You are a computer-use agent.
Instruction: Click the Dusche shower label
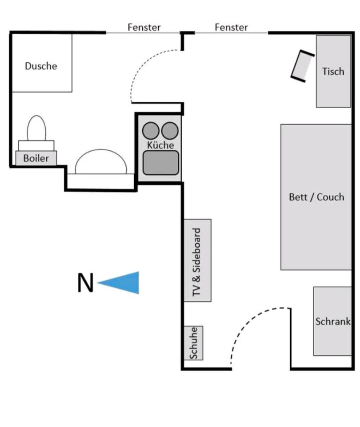pyautogui.click(x=41, y=66)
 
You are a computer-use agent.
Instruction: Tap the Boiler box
pyautogui.click(x=36, y=158)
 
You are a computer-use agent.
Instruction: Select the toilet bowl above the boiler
pyautogui.click(x=36, y=129)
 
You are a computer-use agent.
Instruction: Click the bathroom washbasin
pyautogui.click(x=101, y=162)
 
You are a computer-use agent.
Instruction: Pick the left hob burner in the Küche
pyautogui.click(x=151, y=131)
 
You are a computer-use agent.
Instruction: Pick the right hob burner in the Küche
pyautogui.click(x=170, y=131)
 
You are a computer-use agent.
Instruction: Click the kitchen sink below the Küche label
pyautogui.click(x=160, y=162)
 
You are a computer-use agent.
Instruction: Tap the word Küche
pyautogui.click(x=160, y=145)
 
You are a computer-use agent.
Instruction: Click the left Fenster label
pyautogui.click(x=144, y=27)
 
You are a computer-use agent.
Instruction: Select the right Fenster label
pyautogui.click(x=231, y=27)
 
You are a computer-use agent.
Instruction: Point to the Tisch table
pyautogui.click(x=333, y=71)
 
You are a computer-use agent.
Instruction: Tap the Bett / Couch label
pyautogui.click(x=316, y=197)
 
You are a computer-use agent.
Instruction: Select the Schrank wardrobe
pyautogui.click(x=332, y=321)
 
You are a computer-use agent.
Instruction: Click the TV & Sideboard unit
pyautogui.click(x=197, y=260)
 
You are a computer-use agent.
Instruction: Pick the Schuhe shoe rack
pyautogui.click(x=193, y=343)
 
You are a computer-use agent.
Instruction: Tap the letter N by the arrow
pyautogui.click(x=86, y=283)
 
